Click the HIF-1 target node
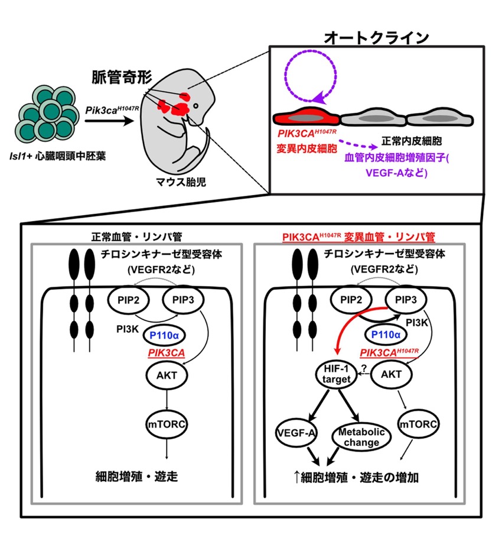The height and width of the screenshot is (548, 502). click(x=335, y=374)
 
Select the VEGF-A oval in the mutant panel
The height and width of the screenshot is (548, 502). click(x=296, y=433)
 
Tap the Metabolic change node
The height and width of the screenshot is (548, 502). click(x=361, y=437)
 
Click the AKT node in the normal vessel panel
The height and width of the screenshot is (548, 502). click(x=167, y=375)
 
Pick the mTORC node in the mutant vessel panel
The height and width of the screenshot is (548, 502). click(x=418, y=424)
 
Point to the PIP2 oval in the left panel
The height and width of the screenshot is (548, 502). click(x=128, y=300)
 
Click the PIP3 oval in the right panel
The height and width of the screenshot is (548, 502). click(x=406, y=300)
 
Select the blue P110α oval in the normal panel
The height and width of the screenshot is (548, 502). click(x=164, y=336)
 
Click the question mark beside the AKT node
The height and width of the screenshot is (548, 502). click(x=364, y=368)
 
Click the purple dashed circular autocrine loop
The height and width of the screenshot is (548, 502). click(x=310, y=76)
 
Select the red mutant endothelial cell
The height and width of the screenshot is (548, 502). click(x=306, y=117)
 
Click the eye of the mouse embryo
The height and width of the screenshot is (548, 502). click(x=196, y=106)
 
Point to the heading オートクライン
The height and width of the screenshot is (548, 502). click(x=377, y=37)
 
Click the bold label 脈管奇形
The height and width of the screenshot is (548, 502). click(x=122, y=77)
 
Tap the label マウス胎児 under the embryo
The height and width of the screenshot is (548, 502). click(x=181, y=181)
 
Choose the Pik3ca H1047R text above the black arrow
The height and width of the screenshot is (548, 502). click(x=112, y=110)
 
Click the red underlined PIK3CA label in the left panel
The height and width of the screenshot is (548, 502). click(x=166, y=353)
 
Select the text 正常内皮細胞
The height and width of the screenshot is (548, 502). click(x=412, y=141)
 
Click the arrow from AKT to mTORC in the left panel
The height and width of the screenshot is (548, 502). click(x=167, y=399)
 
